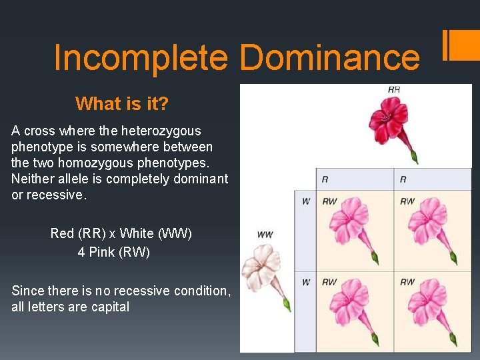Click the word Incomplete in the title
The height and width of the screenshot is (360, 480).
point(140,57)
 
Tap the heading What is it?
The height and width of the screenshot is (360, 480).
point(122,104)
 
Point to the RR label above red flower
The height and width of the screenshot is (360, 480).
point(393,89)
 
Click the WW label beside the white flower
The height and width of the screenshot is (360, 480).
point(265,235)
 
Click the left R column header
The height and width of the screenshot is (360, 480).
point(325,179)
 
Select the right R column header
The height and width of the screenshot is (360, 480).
point(403,179)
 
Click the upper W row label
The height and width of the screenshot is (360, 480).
point(305,201)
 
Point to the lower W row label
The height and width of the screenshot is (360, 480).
point(305,282)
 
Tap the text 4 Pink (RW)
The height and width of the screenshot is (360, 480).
point(113,252)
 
